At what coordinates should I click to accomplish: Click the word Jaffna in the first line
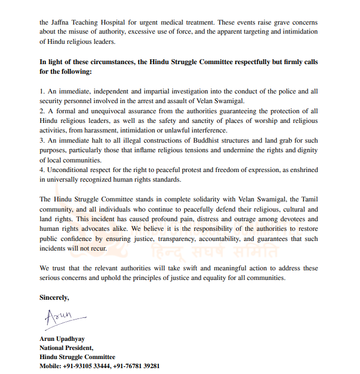coord(62,22)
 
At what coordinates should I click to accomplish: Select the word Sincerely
coord(55,297)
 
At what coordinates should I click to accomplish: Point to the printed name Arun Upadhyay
coord(62,339)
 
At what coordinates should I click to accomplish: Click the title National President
coord(66,348)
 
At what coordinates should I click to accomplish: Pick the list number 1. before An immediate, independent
coord(42,91)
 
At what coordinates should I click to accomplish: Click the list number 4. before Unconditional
coord(42,170)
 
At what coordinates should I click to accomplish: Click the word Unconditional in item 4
coord(67,170)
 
